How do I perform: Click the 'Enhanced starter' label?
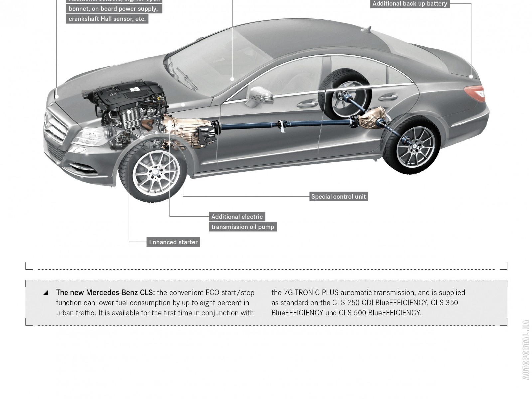[x=173, y=242]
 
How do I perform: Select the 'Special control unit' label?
[x=338, y=197]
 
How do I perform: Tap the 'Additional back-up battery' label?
[x=410, y=4]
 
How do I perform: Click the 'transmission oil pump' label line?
[x=243, y=227]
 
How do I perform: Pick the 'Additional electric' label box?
[x=237, y=217]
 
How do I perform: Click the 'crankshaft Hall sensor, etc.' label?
[x=107, y=19]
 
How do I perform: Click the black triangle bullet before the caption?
[x=46, y=293]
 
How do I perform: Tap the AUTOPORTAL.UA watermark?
[x=526, y=349]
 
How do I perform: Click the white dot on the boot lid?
[x=471, y=76]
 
